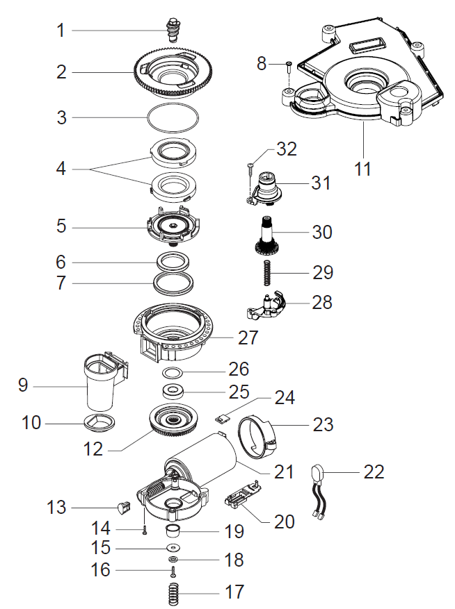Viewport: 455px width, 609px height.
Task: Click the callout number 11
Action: [362, 169]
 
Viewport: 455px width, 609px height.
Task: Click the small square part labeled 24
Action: [223, 419]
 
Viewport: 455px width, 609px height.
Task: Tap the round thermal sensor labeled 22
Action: [318, 476]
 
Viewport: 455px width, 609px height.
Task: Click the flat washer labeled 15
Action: [173, 548]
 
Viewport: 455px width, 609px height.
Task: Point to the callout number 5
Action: [62, 226]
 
